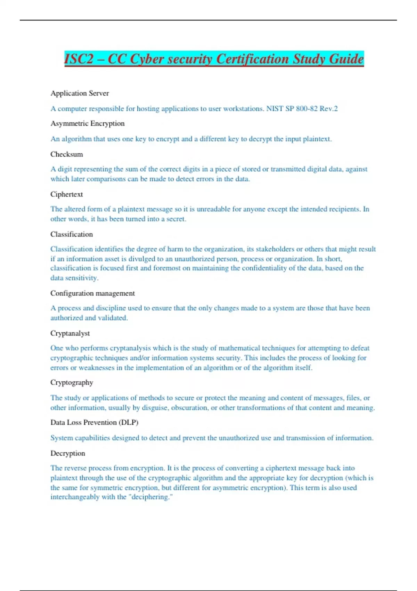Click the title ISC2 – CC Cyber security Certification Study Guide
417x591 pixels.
click(214, 59)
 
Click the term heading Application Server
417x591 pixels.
click(80, 93)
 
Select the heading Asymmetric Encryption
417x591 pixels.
click(87, 123)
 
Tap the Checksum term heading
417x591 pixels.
click(67, 154)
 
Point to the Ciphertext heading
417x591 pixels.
click(67, 194)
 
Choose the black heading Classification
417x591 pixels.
click(72, 234)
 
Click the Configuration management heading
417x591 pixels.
click(92, 293)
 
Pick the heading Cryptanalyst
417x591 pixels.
click(70, 333)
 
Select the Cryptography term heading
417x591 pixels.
click(72, 382)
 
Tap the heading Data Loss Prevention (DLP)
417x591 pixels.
click(94, 422)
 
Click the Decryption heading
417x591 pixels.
click(68, 453)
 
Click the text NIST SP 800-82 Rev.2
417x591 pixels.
click(302, 108)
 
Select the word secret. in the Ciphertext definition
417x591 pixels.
click(176, 219)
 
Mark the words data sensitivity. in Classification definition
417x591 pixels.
click(74, 278)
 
